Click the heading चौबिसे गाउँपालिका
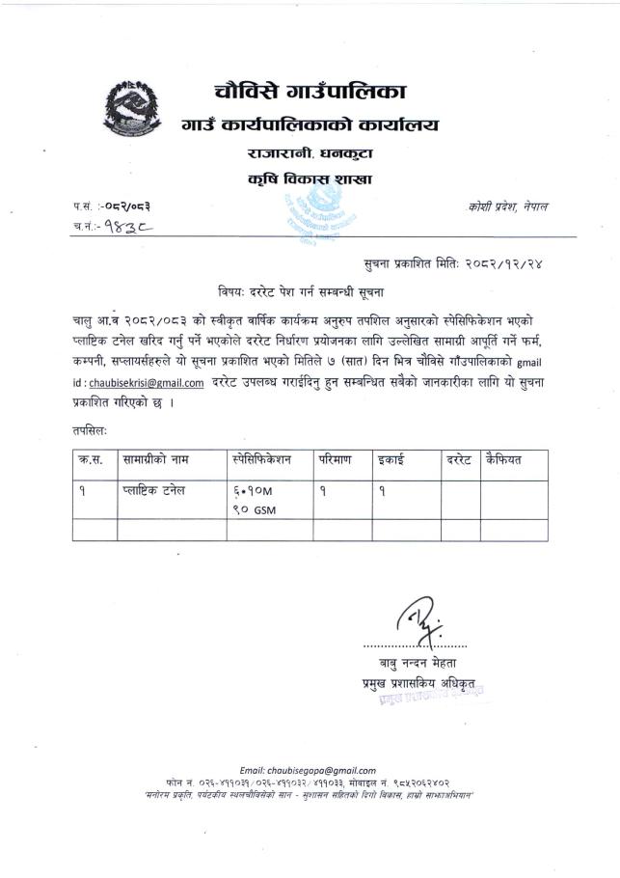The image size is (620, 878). pos(310,93)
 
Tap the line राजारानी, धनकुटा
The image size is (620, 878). pos(310,153)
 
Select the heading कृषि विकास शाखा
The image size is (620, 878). pos(310,178)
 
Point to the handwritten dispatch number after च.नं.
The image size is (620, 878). pos(131,227)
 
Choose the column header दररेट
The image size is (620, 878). pos(459,461)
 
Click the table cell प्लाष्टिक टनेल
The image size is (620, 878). pos(155,490)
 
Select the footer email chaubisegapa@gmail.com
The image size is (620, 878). pos(309,770)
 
